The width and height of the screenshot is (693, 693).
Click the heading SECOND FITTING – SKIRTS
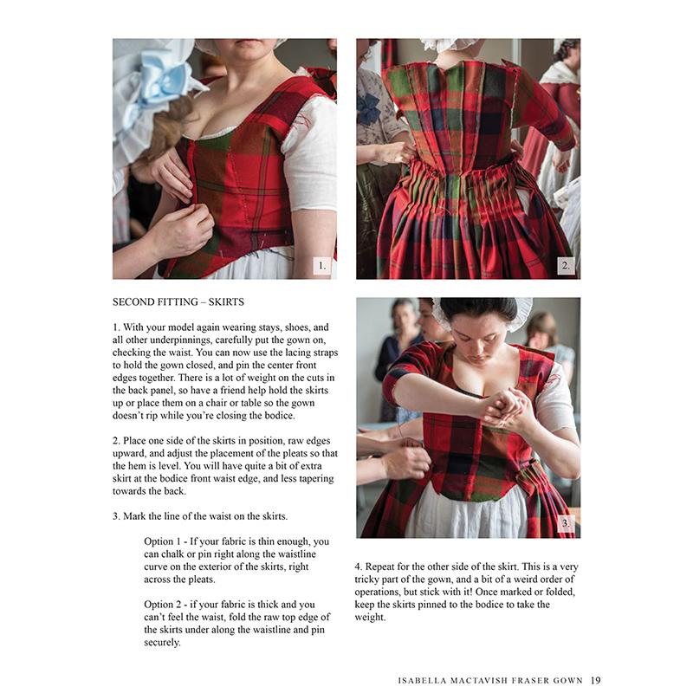click(178, 302)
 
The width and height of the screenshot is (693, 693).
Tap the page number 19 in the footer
click(595, 679)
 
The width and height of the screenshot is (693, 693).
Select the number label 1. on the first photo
click(321, 266)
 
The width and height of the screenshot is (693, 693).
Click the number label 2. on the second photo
click(566, 266)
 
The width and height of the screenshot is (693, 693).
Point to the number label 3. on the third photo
click(566, 523)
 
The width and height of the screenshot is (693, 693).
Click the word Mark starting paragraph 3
click(138, 516)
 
